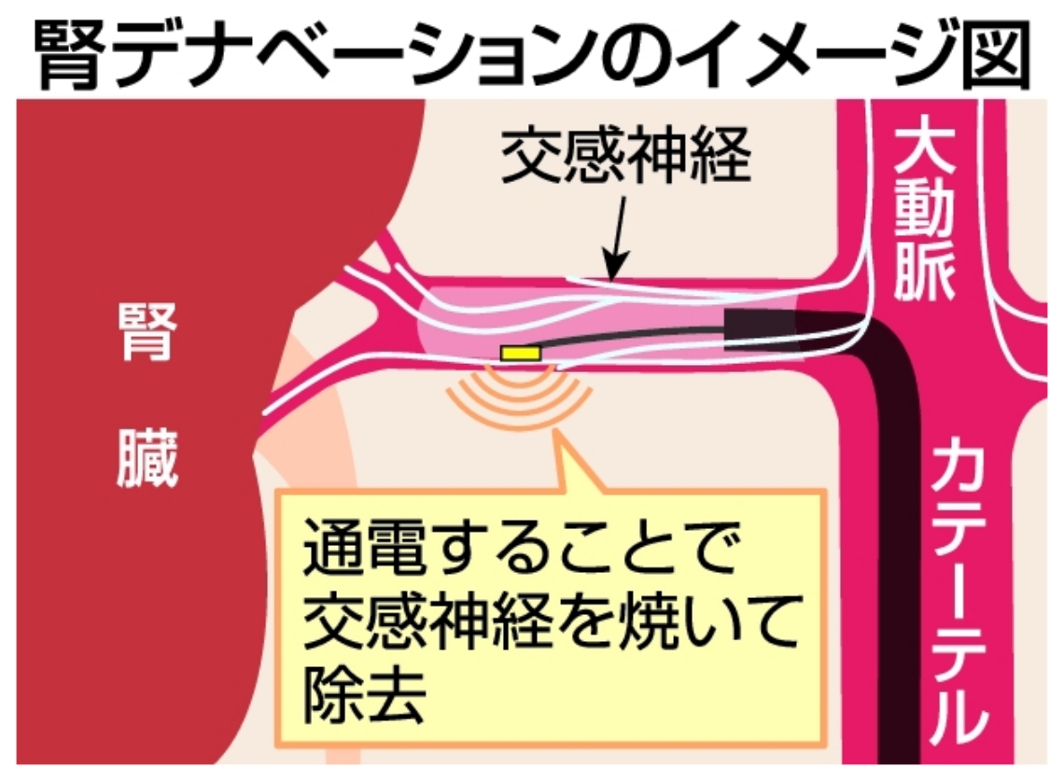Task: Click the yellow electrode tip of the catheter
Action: click(521, 353)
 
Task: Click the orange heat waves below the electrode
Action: click(519, 399)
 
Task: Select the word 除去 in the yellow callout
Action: click(364, 694)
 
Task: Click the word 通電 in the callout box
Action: click(364, 547)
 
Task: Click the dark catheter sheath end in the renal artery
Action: click(760, 329)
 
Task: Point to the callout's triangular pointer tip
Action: click(558, 432)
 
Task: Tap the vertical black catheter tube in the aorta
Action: click(898, 543)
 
